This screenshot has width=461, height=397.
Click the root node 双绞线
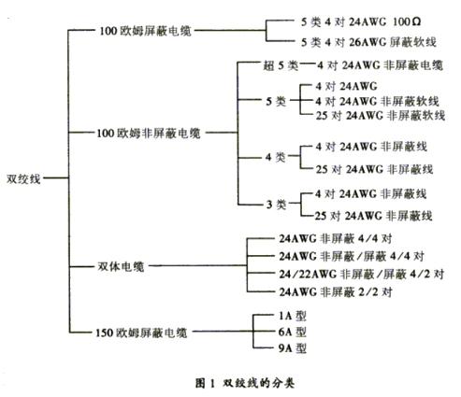(x=23, y=178)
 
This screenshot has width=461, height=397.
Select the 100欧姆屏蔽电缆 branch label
(x=145, y=31)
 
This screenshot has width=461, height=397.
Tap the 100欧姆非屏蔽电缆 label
(x=149, y=134)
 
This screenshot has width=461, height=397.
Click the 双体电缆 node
(x=121, y=266)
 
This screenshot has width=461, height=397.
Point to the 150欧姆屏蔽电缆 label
(x=141, y=333)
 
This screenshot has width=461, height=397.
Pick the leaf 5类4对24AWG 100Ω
(x=361, y=21)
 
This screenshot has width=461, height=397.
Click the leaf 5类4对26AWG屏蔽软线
(x=368, y=42)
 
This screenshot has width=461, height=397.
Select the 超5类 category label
(x=281, y=65)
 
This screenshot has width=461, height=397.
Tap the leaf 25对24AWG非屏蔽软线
(x=381, y=116)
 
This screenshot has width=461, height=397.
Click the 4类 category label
(x=276, y=157)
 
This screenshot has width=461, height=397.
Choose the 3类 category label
(x=276, y=205)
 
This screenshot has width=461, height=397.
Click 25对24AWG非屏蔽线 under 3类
(x=373, y=216)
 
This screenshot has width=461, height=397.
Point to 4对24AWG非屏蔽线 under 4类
(x=371, y=147)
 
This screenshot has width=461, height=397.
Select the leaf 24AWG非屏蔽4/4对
(x=336, y=238)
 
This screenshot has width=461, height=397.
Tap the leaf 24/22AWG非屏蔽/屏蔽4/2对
(x=362, y=274)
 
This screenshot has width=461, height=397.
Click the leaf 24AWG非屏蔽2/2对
(x=336, y=291)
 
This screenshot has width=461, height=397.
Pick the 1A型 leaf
(x=292, y=316)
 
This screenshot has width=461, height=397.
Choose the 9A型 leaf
(x=292, y=347)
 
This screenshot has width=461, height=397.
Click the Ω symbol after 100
(x=416, y=21)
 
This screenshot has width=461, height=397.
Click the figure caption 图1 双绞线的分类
(x=245, y=383)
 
